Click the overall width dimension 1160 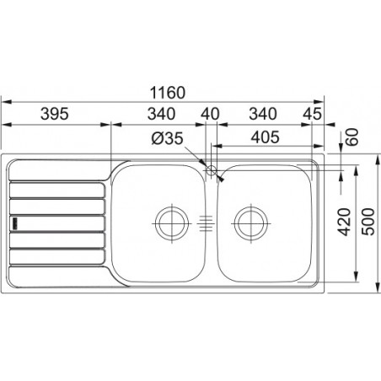coord(168,93)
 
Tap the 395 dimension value coord(55,114)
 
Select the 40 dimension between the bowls coord(210,114)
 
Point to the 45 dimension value coord(312,114)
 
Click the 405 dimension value coord(266,137)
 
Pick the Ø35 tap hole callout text coord(168,138)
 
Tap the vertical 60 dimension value coord(352,137)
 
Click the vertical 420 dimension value coord(345,222)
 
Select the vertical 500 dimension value coord(368,222)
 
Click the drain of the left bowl coord(172,223)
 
